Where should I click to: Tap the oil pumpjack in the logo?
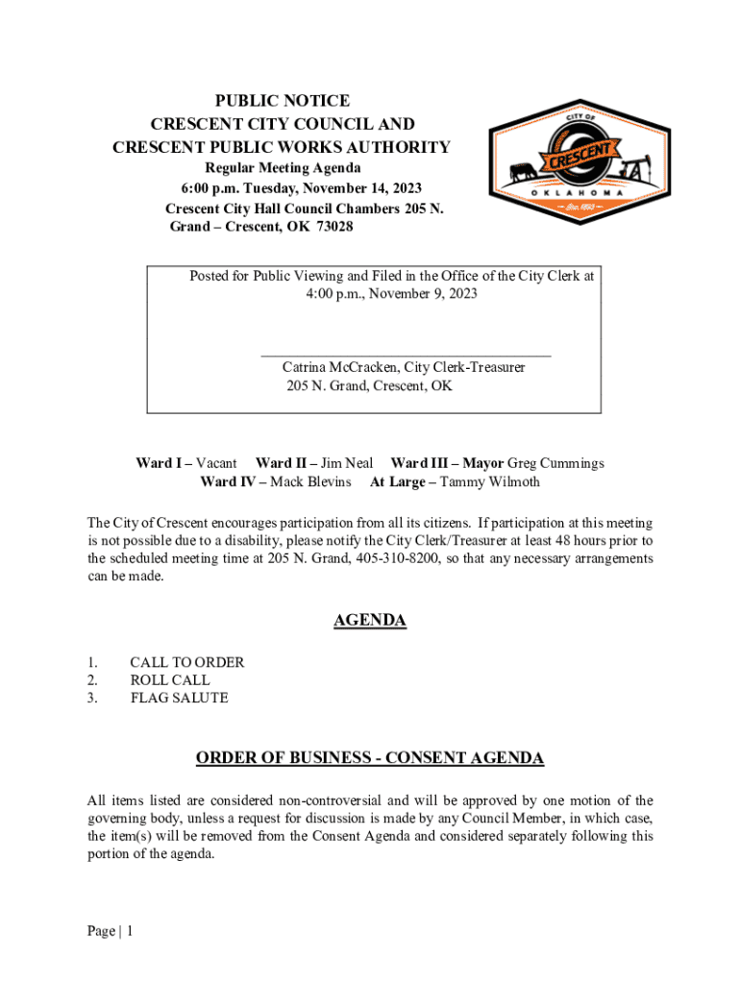point(631,169)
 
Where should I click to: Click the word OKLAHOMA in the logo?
point(577,193)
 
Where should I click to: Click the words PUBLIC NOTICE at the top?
point(282,101)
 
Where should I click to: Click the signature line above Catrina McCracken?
point(407,356)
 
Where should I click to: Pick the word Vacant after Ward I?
point(216,463)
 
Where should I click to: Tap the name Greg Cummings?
point(555,463)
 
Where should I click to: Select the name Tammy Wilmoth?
point(489,481)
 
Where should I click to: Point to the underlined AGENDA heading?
point(370,621)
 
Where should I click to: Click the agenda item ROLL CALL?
point(170,680)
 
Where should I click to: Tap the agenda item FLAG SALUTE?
point(180,699)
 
